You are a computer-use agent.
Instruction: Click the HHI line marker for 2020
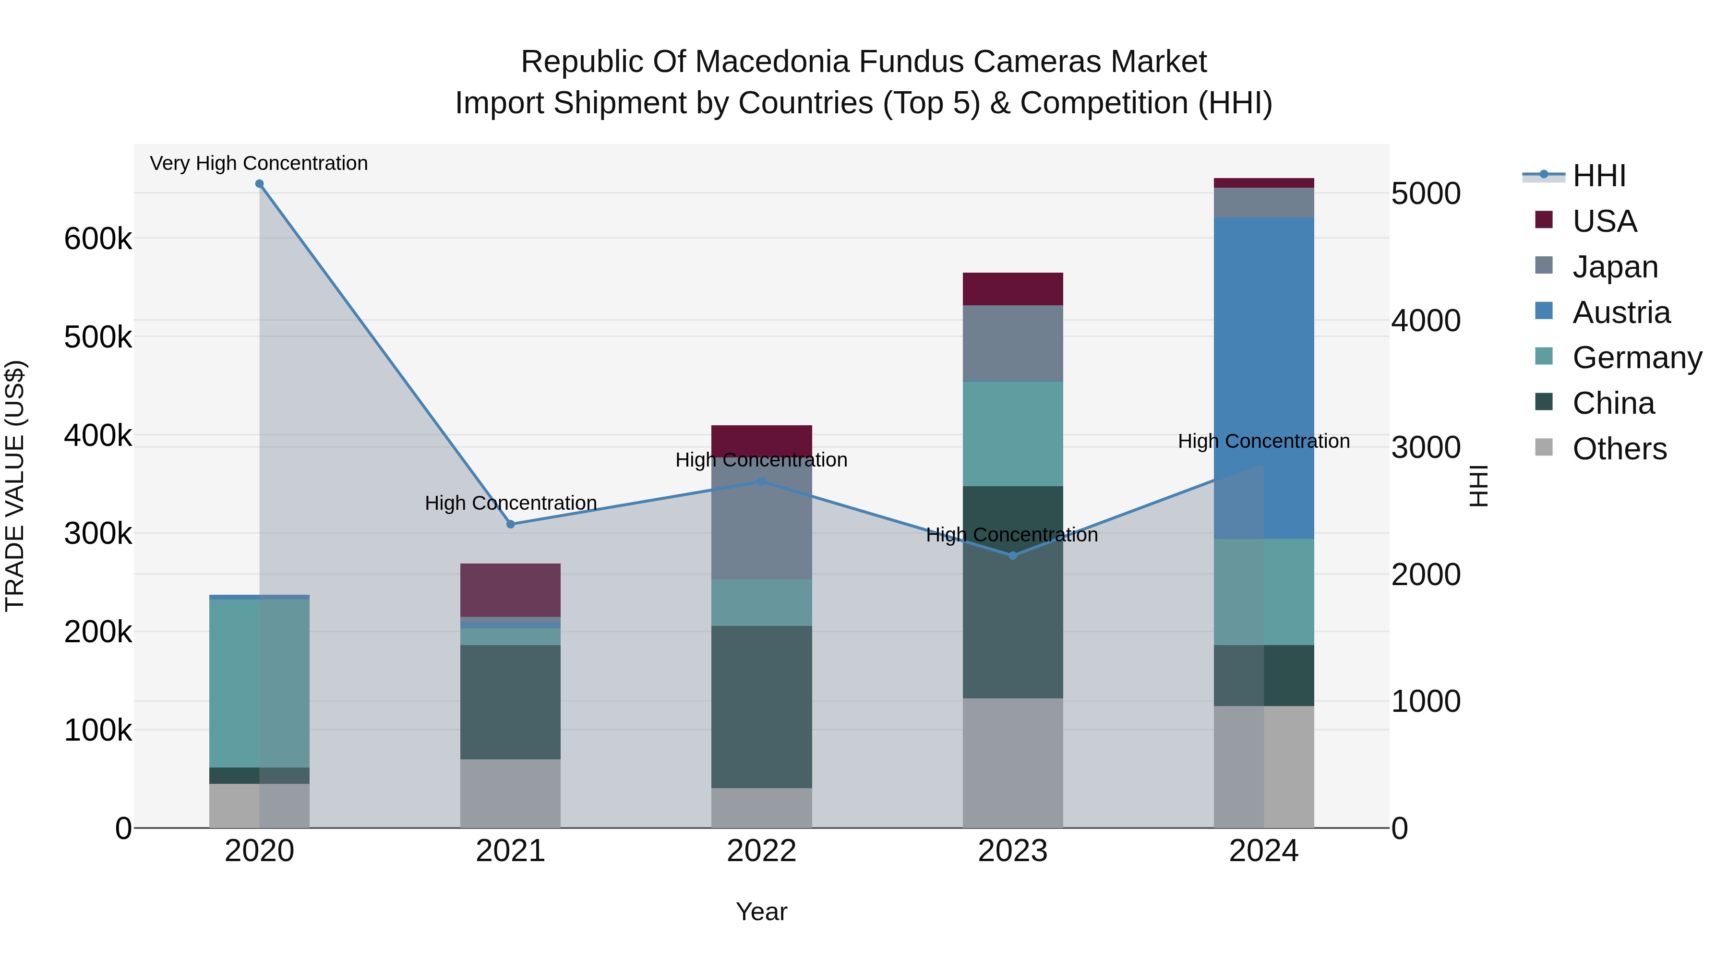(x=260, y=184)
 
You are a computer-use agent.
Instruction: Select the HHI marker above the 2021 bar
(x=511, y=525)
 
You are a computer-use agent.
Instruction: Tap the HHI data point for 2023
(x=1013, y=555)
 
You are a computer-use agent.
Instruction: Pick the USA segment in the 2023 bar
(x=1013, y=289)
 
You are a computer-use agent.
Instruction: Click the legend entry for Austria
(x=1620, y=312)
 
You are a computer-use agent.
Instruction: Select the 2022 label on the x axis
(x=761, y=851)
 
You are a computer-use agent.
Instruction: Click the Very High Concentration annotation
(x=259, y=163)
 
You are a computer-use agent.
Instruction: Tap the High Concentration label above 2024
(x=1264, y=442)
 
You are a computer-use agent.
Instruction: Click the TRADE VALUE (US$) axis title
(x=15, y=486)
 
